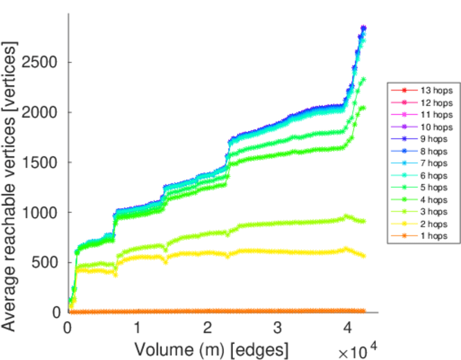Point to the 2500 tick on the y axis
pos(46,62)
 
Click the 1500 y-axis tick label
pos(46,163)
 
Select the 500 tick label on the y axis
pos(50,262)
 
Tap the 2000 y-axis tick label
pos(46,112)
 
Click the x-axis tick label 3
pos(278,328)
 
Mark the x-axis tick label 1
pos(137,328)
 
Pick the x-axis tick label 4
pos(348,328)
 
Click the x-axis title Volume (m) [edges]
pos(211,349)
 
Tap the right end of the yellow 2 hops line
pos(364,256)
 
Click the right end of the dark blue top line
pos(364,28)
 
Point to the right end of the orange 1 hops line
pos(364,311)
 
